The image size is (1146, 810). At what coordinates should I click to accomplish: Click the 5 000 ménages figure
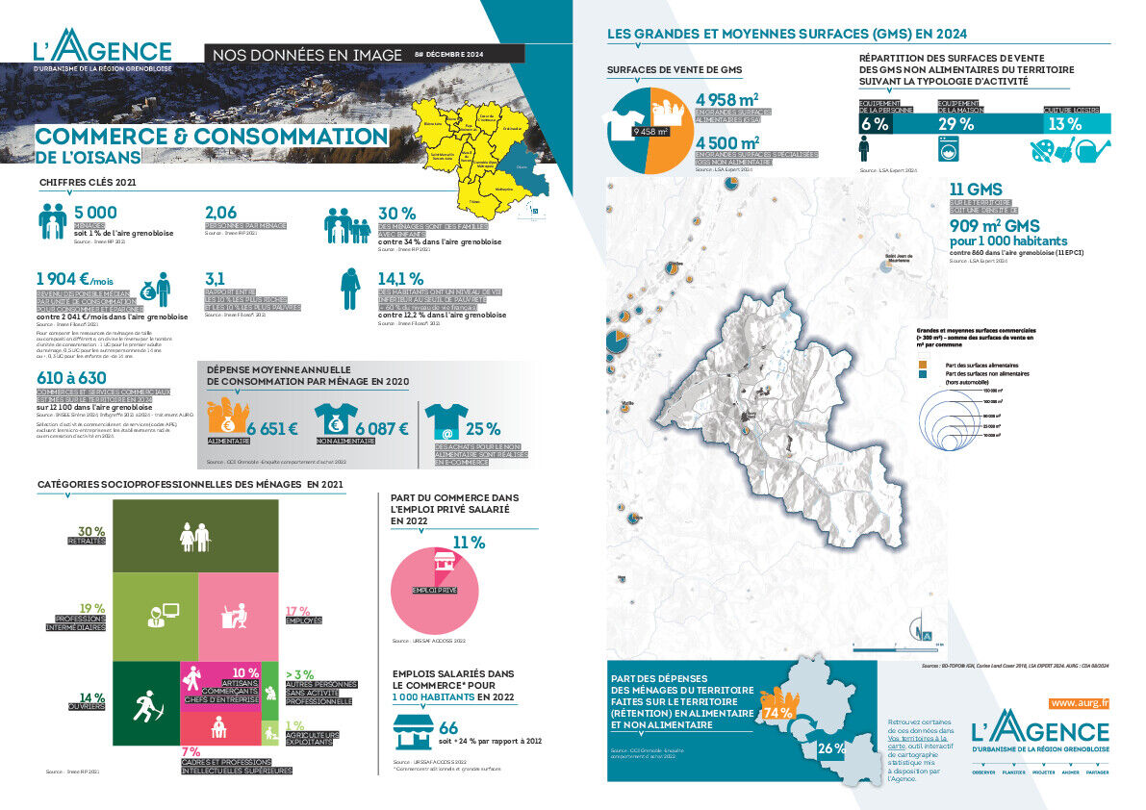point(96,213)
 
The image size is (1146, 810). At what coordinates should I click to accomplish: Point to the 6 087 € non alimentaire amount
point(383,429)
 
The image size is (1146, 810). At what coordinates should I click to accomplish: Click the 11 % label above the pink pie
point(469,544)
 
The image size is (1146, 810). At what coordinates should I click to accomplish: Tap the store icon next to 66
point(411,732)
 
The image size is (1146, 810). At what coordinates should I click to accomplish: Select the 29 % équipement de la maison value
point(955,124)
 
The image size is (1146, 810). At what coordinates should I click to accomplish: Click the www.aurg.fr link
point(1081,703)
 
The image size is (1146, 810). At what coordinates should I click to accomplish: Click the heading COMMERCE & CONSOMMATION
point(212,138)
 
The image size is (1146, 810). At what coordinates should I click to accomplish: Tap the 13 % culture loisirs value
point(1064,124)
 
